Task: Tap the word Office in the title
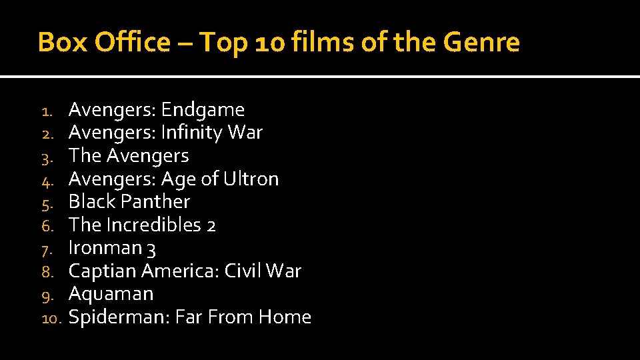(x=133, y=43)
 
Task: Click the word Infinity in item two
(x=191, y=133)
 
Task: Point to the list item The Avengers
(x=129, y=156)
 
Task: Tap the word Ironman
(x=105, y=248)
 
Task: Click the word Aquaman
(x=111, y=294)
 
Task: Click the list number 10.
(x=51, y=319)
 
